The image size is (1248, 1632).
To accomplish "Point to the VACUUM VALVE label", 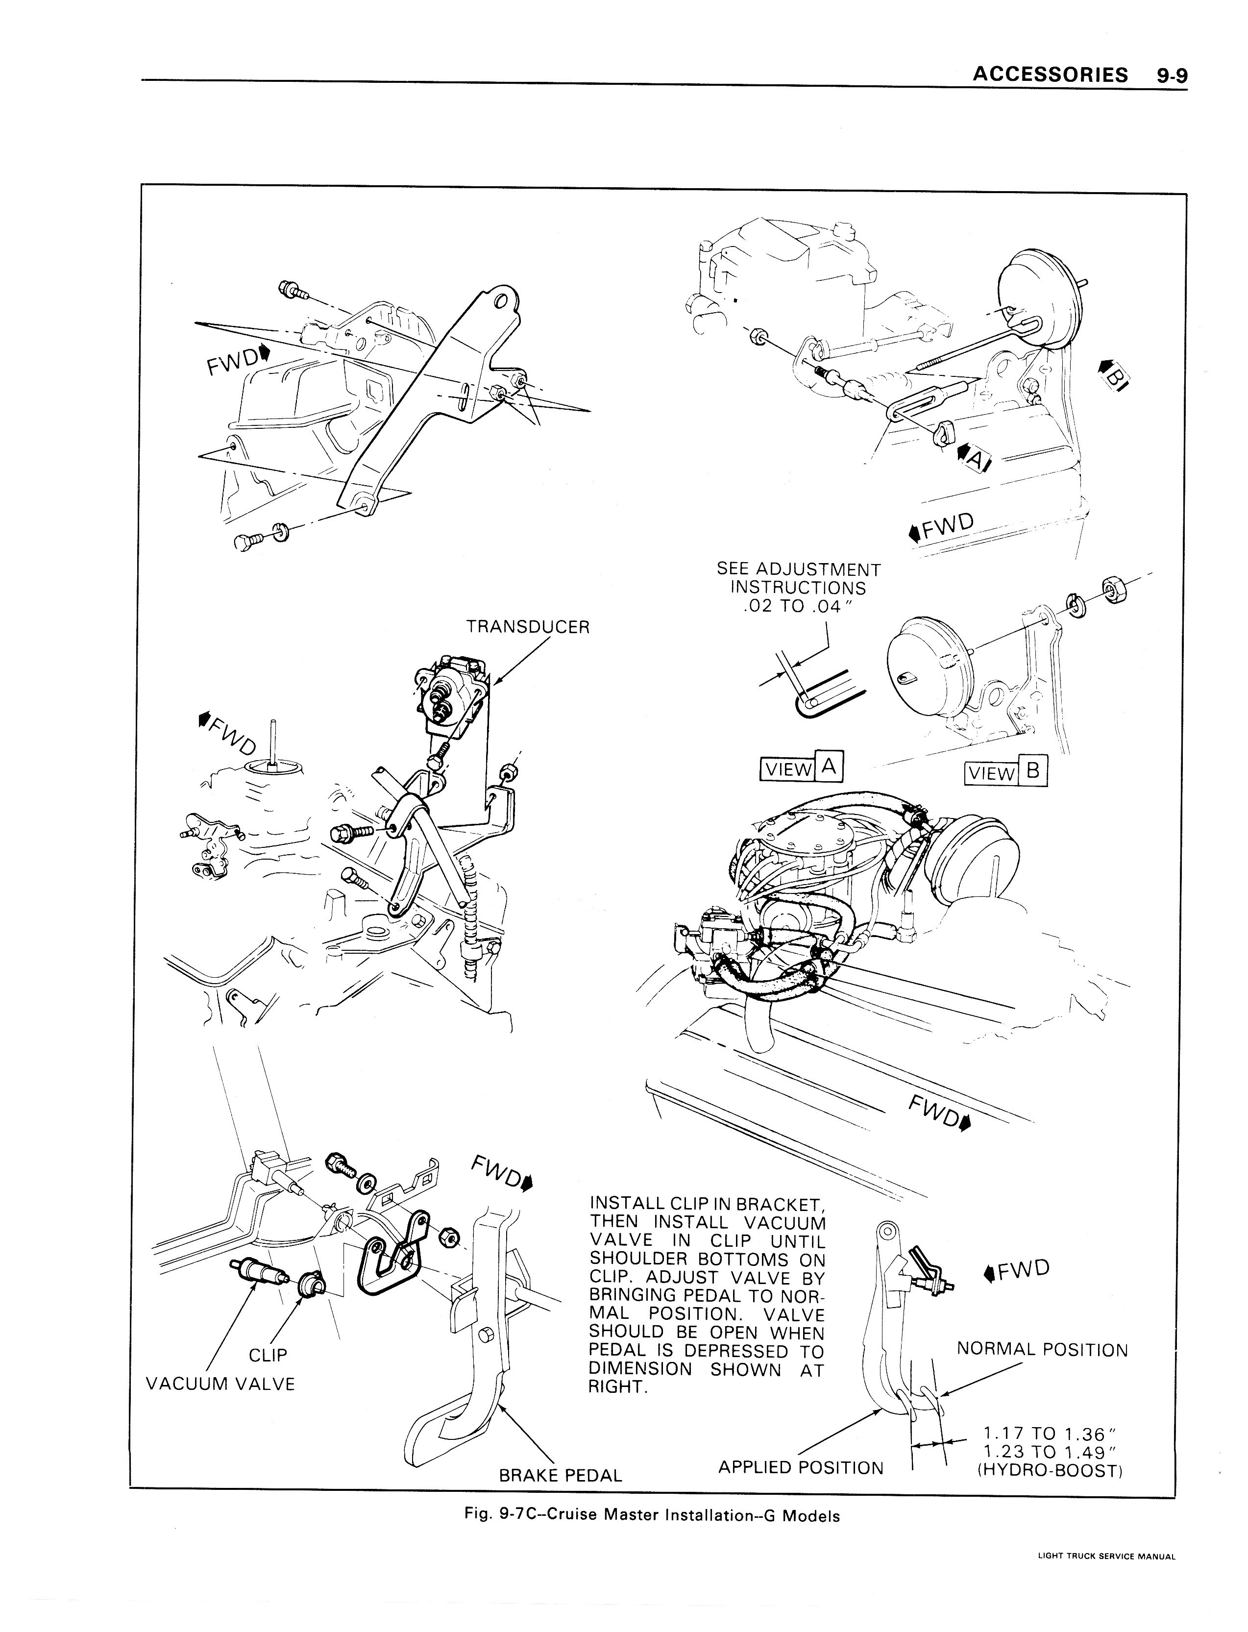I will point(220,1384).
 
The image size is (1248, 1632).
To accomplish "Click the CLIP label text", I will point(268,1355).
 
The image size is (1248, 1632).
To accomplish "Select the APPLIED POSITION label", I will point(801,1468).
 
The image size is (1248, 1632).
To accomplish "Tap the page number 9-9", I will point(1172,75).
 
